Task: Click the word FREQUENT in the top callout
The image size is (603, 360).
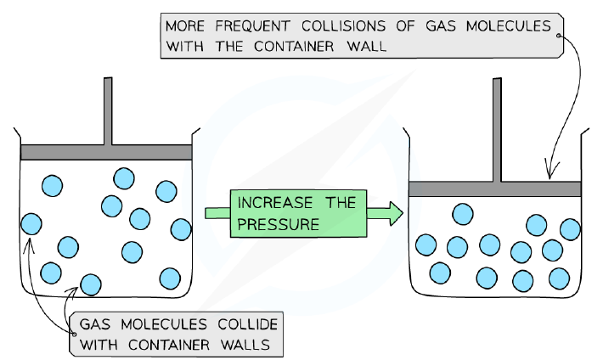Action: click(252, 26)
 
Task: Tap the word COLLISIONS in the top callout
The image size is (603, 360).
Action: click(343, 26)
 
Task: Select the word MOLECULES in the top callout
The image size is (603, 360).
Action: click(509, 26)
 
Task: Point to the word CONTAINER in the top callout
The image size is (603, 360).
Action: click(294, 47)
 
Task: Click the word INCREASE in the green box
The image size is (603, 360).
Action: click(275, 203)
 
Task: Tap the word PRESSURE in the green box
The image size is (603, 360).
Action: click(278, 224)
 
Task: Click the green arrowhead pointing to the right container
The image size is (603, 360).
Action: click(396, 213)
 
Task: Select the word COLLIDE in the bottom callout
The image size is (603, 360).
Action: click(248, 324)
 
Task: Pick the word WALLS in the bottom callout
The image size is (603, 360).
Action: click(245, 345)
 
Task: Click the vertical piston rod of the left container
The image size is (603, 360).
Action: click(108, 111)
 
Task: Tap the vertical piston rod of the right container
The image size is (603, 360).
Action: click(497, 130)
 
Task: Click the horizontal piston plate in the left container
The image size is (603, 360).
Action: click(106, 152)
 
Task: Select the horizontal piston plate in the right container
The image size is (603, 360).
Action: click(494, 188)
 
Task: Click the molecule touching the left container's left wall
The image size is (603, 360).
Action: click(31, 224)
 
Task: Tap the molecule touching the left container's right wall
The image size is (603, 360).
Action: click(181, 229)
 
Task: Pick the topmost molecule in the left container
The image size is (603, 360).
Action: click(124, 178)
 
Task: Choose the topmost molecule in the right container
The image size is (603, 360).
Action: click(463, 214)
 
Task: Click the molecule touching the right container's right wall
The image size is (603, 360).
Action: click(571, 229)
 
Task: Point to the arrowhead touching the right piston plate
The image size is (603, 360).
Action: click(550, 171)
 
